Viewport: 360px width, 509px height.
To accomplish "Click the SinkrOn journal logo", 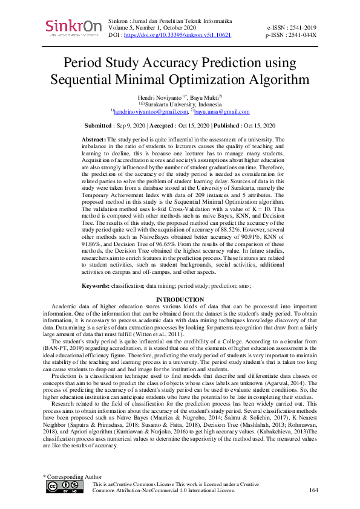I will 71,27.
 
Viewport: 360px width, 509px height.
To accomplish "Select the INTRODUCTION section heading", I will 180,300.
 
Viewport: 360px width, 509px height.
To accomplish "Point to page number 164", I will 313,490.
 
